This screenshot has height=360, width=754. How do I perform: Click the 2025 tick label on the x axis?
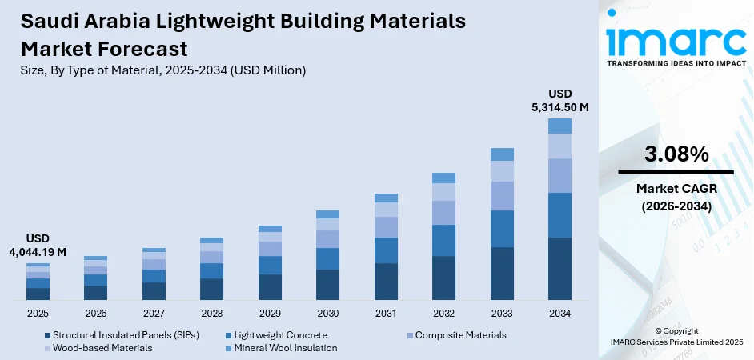pos(38,313)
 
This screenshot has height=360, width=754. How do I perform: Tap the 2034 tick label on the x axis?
pos(559,313)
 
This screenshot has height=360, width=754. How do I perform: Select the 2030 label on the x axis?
pos(328,313)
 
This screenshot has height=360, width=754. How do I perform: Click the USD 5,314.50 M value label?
pos(559,100)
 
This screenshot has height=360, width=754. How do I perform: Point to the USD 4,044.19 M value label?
pos(38,245)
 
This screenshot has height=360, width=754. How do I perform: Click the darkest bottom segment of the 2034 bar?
pos(559,269)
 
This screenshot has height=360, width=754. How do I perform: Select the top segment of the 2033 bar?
pos(502,154)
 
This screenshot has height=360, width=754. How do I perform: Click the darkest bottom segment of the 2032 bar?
pos(443,278)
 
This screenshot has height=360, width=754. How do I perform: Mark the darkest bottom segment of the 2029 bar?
pos(270,287)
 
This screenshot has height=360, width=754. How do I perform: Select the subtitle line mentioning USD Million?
pos(163,70)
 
